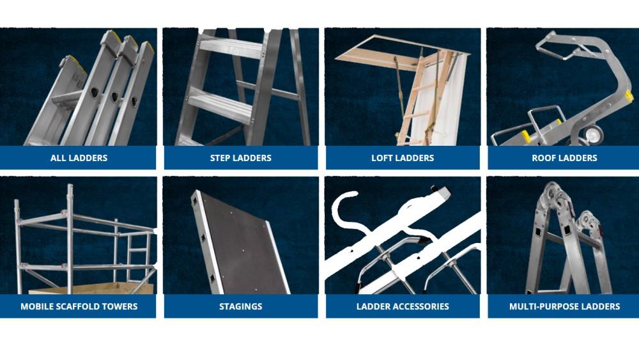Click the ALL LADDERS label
[x=79, y=158]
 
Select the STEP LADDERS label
[x=240, y=158]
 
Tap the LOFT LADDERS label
[x=403, y=158]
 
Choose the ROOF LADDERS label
[x=564, y=158]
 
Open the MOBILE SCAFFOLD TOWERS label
[x=79, y=306]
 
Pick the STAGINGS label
[x=240, y=306]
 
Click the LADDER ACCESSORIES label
[x=403, y=306]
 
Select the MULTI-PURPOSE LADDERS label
[x=564, y=306]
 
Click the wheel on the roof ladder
[x=593, y=134]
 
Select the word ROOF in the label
[x=544, y=158]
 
